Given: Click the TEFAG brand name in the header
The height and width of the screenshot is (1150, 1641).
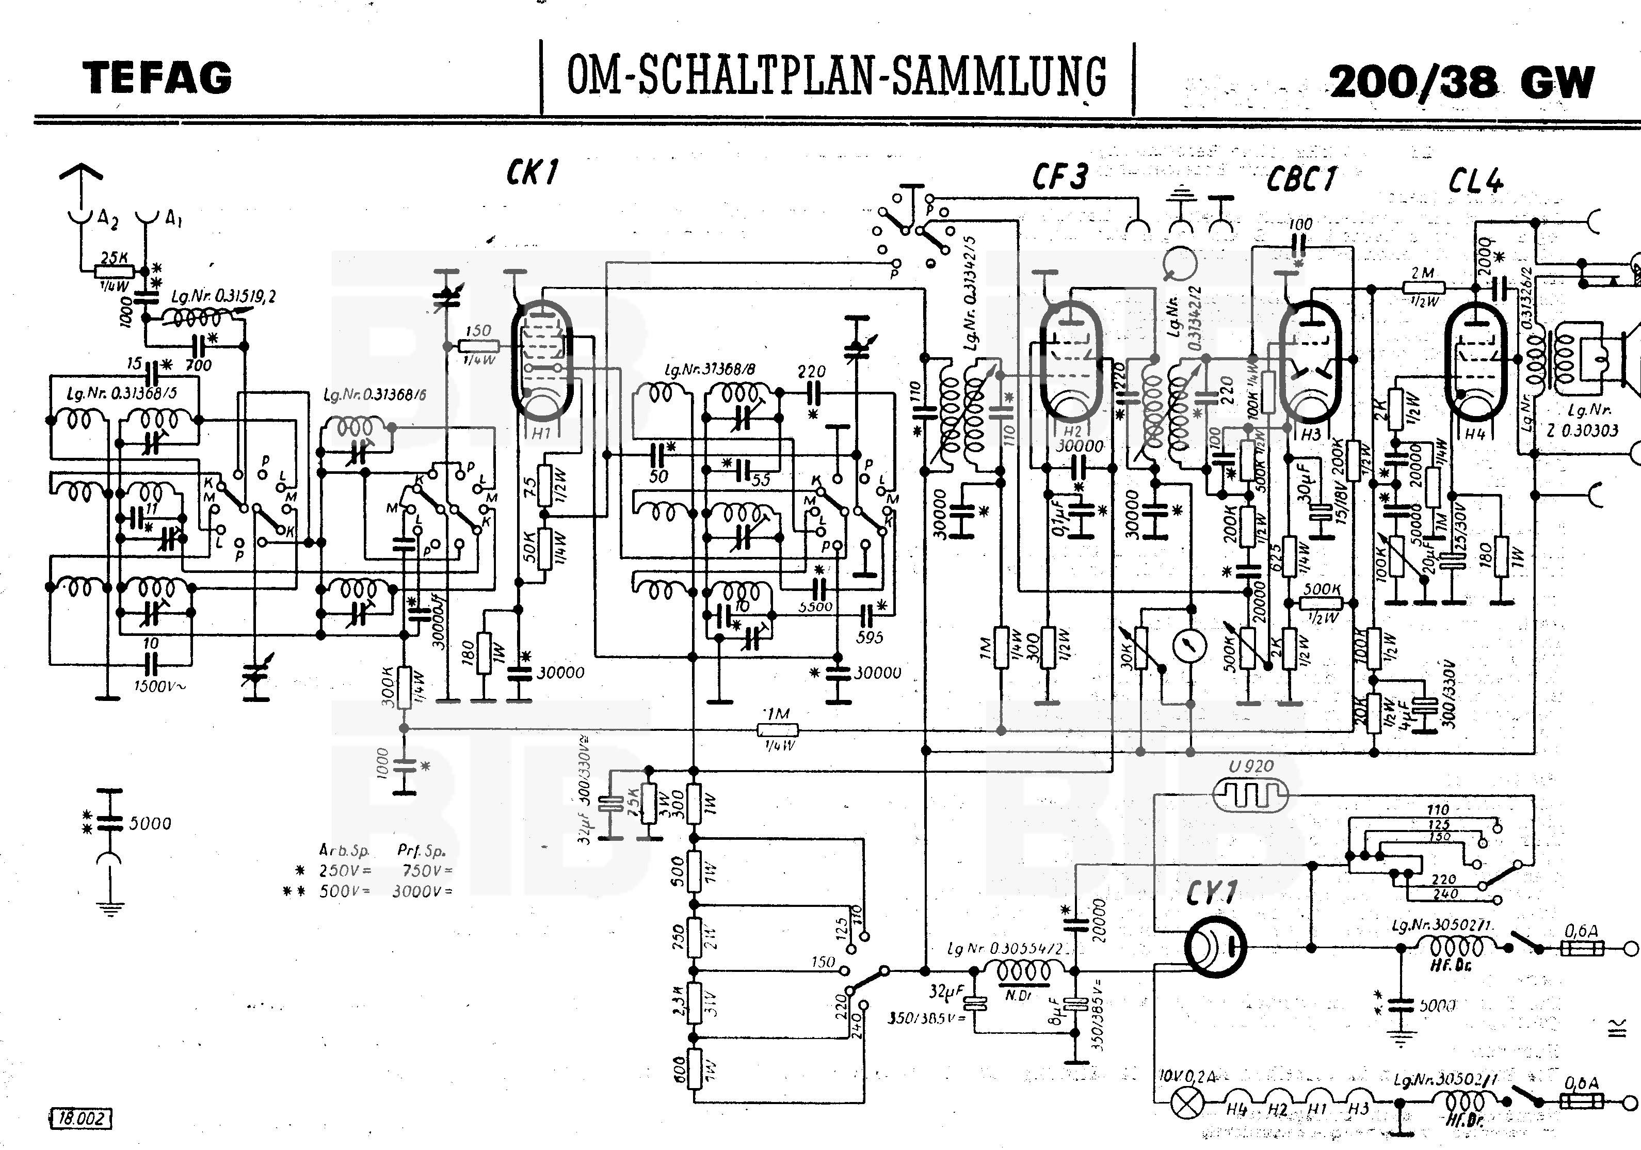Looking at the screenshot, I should coord(158,78).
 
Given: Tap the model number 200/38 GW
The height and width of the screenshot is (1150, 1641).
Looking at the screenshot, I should coord(1461,82).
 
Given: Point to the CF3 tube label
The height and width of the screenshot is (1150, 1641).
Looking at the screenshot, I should coord(1060,177).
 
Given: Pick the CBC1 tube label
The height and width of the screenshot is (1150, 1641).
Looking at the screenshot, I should coord(1301,179).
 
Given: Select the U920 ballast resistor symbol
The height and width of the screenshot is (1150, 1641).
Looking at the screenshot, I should coord(1251,794).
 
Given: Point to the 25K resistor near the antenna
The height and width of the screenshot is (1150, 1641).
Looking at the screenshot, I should coord(115,271).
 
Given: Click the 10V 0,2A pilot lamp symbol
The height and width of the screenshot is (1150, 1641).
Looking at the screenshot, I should coord(1186,1107).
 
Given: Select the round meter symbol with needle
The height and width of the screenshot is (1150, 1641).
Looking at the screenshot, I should coord(1189,645).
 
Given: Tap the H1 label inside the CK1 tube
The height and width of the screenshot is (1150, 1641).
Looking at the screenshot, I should coord(540,433).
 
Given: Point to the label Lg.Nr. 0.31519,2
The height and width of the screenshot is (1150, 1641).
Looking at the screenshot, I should coord(223,296).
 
